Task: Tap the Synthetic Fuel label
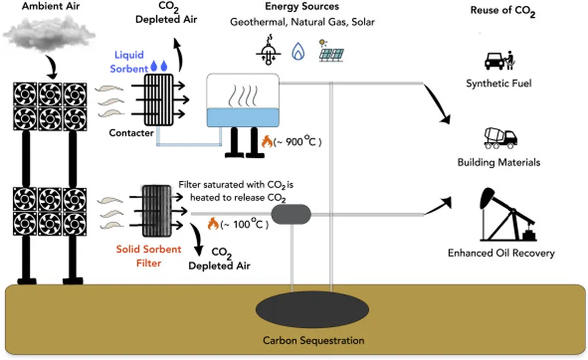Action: pos(498,84)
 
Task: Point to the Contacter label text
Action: pos(131,133)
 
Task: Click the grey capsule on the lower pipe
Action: pos(291,215)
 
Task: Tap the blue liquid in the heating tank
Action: pos(242,117)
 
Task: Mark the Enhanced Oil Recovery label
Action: pos(501,253)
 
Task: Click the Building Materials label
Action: pos(498,162)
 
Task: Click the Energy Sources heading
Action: pos(302,7)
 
